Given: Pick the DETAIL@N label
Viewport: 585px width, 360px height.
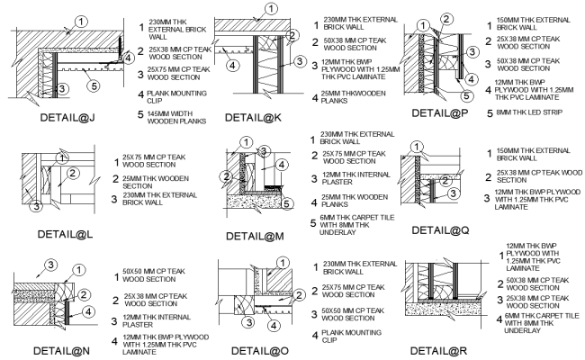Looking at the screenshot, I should [58, 348].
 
